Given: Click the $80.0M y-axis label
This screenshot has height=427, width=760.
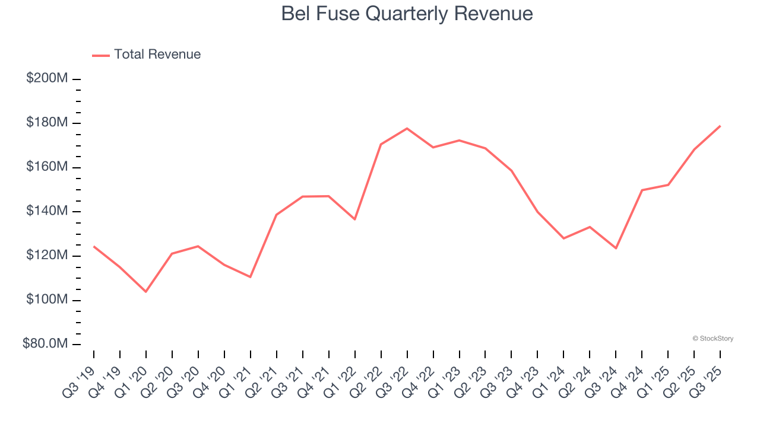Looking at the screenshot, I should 46,345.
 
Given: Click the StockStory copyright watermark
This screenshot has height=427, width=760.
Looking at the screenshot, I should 712,339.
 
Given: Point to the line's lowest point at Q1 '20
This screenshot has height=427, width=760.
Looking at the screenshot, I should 145,291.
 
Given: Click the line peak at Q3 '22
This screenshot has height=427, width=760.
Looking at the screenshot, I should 407,129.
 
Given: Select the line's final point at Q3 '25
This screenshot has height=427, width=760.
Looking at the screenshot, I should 720,126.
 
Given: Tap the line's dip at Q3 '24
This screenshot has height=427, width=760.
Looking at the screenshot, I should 616,248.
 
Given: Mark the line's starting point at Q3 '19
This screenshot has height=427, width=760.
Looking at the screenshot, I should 94,246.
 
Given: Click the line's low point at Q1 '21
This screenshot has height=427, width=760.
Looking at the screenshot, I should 250,277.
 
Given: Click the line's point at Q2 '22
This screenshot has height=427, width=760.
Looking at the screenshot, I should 381,144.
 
